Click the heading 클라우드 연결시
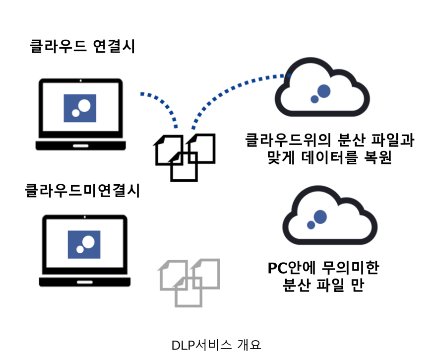tap(82, 47)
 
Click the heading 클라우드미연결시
tap(82, 191)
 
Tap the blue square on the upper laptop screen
tap(80, 108)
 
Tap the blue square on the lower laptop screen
tap(84, 244)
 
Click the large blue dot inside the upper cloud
tap(324, 91)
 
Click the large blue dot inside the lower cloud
tap(320, 216)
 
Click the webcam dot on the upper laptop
tap(80, 80)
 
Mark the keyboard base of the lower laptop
tap(85, 282)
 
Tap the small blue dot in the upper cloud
tap(314, 99)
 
